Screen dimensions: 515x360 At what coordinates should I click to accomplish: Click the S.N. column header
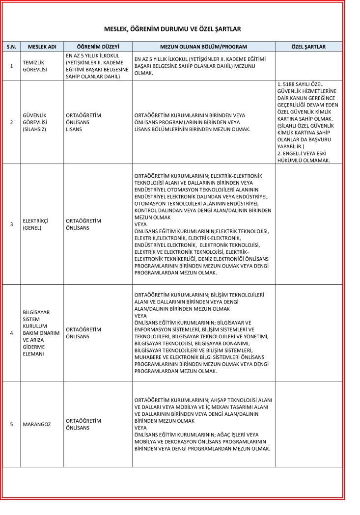pyautogui.click(x=12, y=47)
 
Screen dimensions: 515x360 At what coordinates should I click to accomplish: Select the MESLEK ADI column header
pyautogui.click(x=42, y=47)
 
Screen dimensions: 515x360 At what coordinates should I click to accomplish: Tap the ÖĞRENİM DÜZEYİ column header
pyautogui.click(x=98, y=47)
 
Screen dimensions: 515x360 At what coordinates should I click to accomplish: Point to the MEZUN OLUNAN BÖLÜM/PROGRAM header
pyautogui.click(x=203, y=47)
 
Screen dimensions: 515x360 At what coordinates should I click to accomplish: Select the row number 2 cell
pyautogui.click(x=12, y=122)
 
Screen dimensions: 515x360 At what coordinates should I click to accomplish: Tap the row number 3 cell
pyautogui.click(x=12, y=224)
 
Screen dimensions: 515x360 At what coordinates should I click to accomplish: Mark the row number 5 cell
pyautogui.click(x=12, y=424)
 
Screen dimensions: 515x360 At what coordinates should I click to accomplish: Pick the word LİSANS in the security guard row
pyautogui.click(x=74, y=129)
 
